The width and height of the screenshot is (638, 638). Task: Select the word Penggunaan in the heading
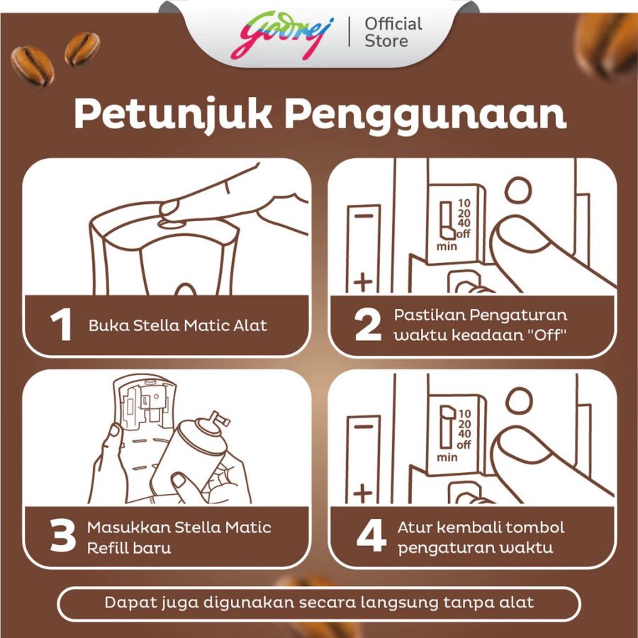(x=426, y=115)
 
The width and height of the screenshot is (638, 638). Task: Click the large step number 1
(x=62, y=326)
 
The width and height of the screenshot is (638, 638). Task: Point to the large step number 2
(x=369, y=325)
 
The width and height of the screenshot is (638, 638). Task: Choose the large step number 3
(x=63, y=537)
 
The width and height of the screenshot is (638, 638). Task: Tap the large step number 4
(x=370, y=537)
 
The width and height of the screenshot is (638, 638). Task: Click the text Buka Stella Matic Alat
(x=178, y=326)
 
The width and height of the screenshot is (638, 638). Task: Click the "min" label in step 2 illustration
(x=446, y=246)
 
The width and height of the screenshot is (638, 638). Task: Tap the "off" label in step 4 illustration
(x=464, y=444)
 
